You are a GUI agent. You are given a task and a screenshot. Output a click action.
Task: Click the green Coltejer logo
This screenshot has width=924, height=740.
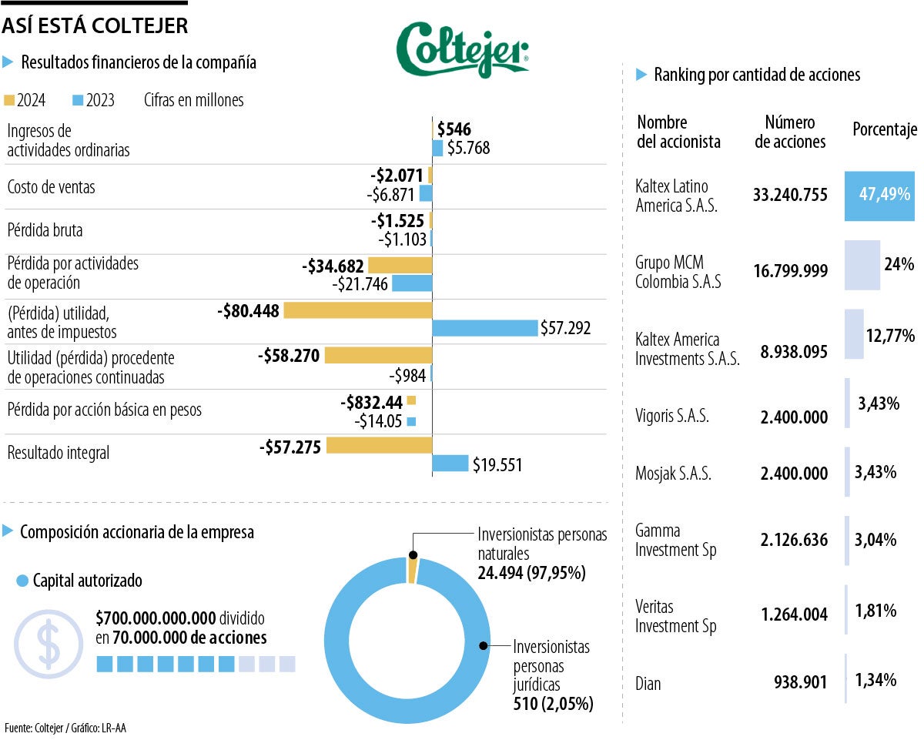462,50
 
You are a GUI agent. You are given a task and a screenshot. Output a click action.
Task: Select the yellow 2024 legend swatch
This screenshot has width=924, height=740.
10,100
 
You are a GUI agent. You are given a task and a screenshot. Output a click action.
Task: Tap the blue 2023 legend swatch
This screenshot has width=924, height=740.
78,100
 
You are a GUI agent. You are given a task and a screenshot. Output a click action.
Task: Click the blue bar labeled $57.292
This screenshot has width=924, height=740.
484,328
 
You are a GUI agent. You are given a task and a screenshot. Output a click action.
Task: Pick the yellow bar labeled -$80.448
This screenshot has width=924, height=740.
358,310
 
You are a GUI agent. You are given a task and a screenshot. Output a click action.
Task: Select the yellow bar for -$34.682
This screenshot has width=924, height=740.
400,266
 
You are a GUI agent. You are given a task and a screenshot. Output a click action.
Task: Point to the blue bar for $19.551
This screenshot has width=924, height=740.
450,464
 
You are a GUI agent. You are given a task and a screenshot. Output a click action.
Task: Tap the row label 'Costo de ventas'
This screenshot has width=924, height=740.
51,187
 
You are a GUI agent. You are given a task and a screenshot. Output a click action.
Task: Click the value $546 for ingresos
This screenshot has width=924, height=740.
454,129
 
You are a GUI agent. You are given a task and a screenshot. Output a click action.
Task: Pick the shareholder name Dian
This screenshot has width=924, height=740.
648,683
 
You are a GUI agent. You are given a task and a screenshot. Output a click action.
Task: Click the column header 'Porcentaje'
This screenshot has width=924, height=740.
884,129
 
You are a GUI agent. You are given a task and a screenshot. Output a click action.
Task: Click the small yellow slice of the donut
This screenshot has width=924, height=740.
412,571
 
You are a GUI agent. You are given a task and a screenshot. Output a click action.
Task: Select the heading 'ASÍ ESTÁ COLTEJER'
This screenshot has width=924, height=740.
95,25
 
